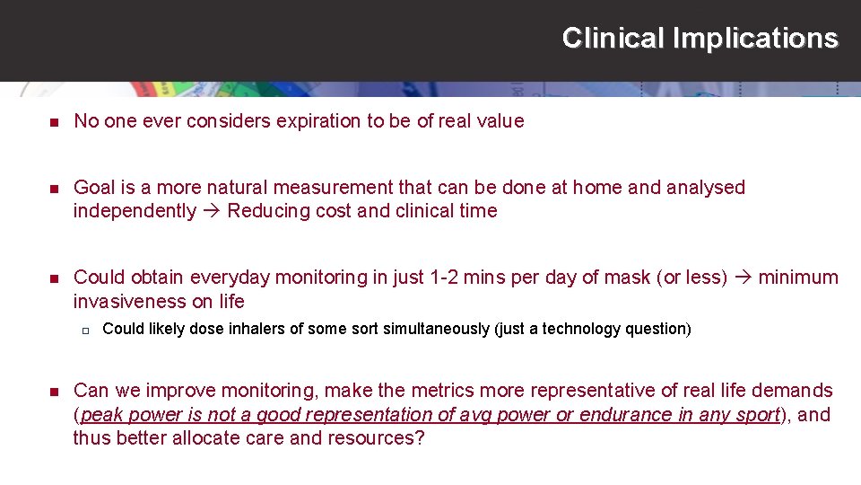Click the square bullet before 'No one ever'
coord(53,122)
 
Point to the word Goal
coord(94,187)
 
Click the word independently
coord(135,211)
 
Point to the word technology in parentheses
coord(605,329)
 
